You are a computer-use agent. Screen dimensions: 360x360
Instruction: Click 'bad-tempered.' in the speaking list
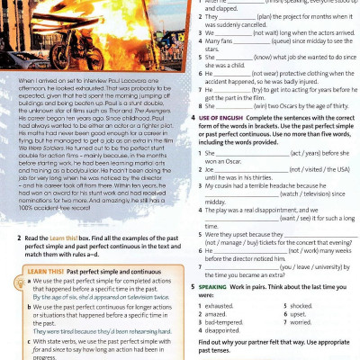tap(229, 320)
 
